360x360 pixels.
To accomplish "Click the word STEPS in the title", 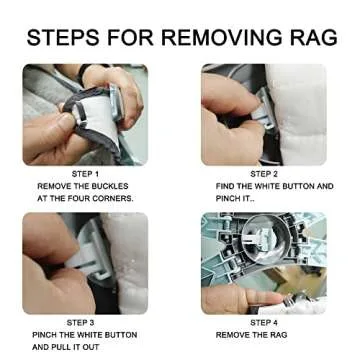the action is click(x=63, y=37).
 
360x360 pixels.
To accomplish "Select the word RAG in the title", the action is click(x=314, y=37).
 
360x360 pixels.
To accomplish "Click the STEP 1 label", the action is click(x=85, y=174).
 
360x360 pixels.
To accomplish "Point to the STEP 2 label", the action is click(x=264, y=174).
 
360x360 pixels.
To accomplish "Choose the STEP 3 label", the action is click(x=80, y=323).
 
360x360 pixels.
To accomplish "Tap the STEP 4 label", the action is click(x=264, y=323).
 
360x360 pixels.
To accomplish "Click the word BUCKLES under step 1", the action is click(x=109, y=186).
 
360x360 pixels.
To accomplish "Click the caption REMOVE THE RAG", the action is click(x=251, y=335).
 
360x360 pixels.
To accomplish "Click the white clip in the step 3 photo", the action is click(x=87, y=258).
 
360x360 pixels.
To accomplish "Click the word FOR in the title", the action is click(x=130, y=37).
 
